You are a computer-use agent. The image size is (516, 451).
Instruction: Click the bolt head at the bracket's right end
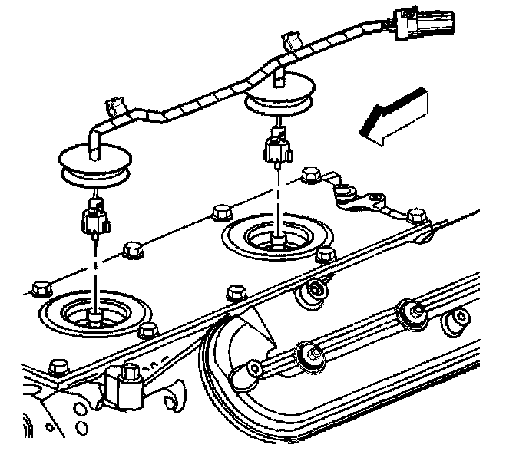coord(415,216)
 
